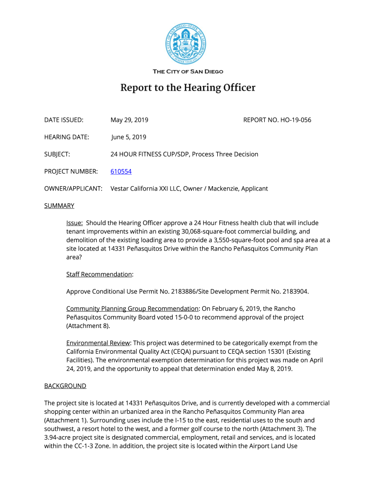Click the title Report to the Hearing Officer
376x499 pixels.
click(x=188, y=88)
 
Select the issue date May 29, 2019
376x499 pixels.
click(x=129, y=120)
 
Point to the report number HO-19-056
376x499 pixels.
click(x=294, y=120)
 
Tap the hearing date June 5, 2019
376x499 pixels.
click(x=128, y=137)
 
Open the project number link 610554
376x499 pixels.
click(x=121, y=172)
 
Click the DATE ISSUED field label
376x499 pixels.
click(x=64, y=120)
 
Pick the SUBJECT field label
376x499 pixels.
click(x=57, y=154)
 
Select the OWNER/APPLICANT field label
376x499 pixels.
click(x=73, y=189)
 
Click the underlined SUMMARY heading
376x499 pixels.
click(x=59, y=206)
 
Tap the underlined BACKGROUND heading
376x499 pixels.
click(x=65, y=386)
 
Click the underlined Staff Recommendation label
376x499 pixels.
click(x=99, y=274)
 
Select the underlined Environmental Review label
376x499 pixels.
click(x=98, y=343)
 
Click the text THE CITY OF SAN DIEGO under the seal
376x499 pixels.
click(x=188, y=72)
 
